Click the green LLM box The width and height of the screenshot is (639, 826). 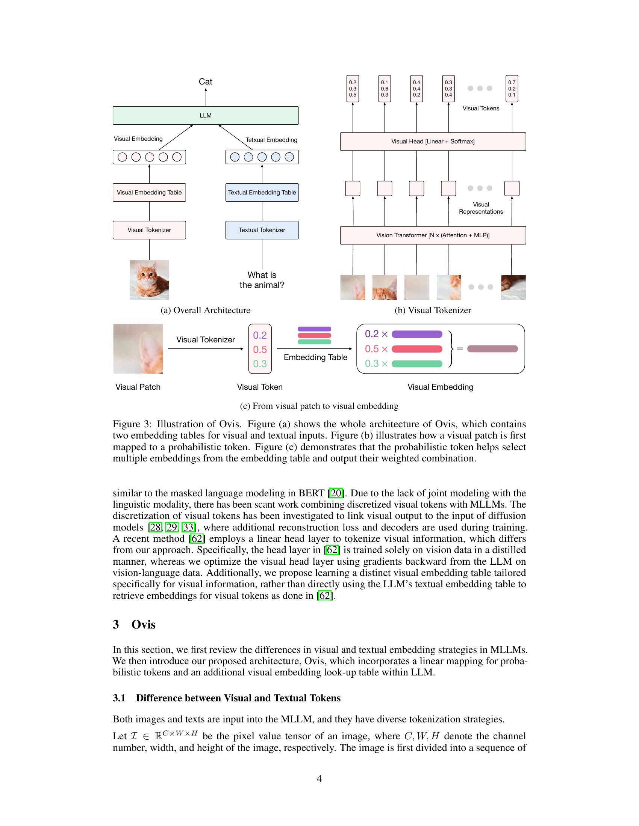tap(206, 115)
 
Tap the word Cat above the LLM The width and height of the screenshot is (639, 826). tap(206, 82)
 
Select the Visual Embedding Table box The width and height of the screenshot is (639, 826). tap(149, 193)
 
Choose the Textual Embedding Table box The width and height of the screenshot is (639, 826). tap(262, 193)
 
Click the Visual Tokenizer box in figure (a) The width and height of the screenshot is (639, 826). tap(149, 230)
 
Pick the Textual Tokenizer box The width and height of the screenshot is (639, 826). tap(262, 230)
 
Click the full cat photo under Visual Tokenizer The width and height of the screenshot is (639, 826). tap(149, 280)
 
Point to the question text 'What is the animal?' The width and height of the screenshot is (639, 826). tap(262, 280)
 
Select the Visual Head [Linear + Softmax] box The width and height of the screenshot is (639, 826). tap(433, 142)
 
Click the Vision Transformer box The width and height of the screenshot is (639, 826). tap(433, 235)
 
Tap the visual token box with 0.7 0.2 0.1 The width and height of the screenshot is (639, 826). tap(512, 89)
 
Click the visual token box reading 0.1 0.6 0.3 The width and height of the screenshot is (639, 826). tap(385, 89)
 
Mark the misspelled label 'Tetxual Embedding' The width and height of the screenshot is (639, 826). tap(271, 140)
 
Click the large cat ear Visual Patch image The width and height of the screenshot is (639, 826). tap(138, 349)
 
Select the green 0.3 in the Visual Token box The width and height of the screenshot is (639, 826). tap(260, 364)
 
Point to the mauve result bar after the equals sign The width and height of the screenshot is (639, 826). tap(492, 349)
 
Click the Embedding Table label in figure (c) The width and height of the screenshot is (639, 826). tap(315, 357)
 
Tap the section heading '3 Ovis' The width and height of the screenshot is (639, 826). tap(135, 624)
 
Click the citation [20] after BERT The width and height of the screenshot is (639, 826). tap(336, 493)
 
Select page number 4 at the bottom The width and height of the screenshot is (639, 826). tap(319, 779)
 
